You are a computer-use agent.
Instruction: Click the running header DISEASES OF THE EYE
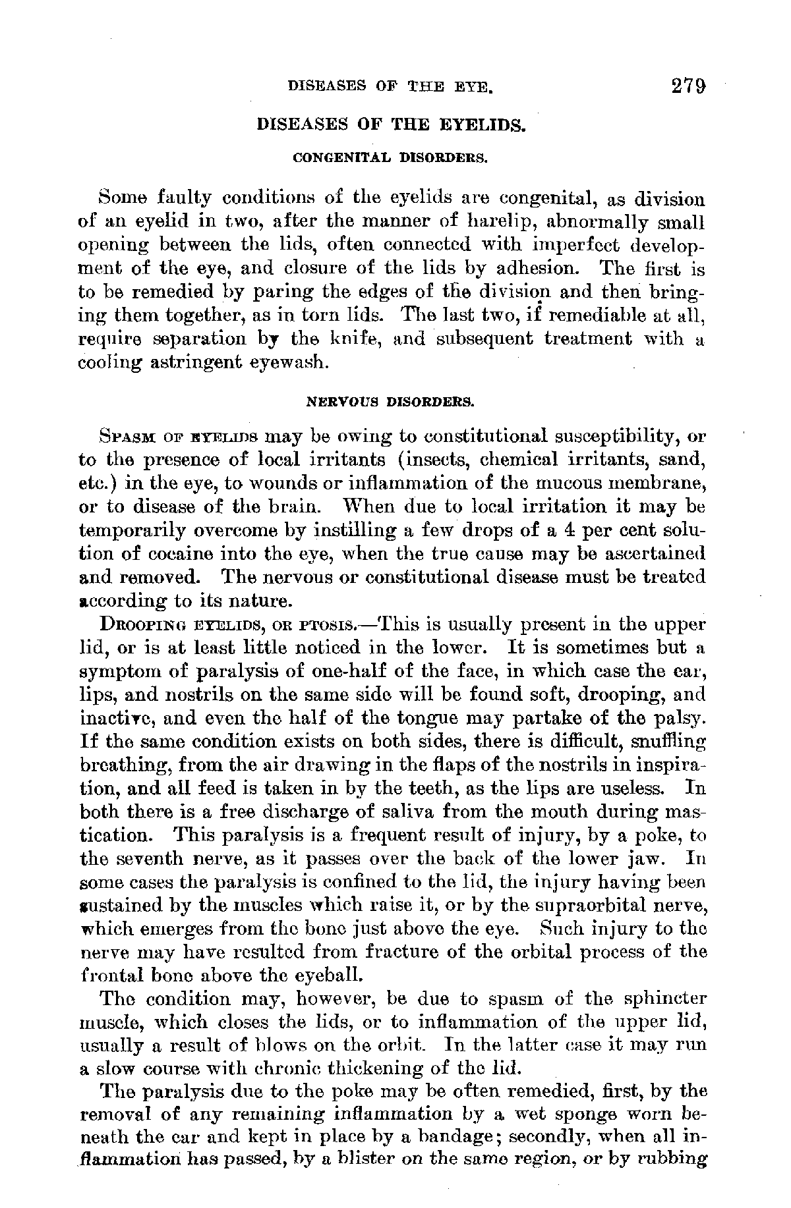tap(392, 87)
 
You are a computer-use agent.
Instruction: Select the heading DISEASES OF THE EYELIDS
tap(391, 124)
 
